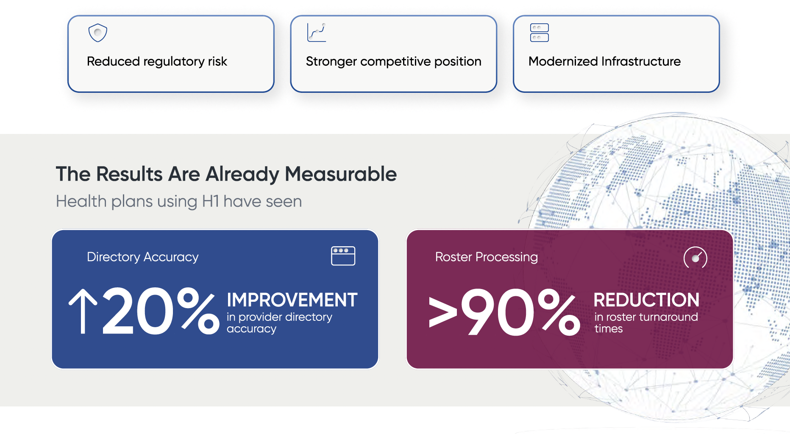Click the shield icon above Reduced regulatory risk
(x=97, y=33)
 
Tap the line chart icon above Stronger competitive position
(x=317, y=33)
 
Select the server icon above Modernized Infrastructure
(x=540, y=33)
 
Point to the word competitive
(x=395, y=62)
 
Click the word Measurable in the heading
(x=341, y=174)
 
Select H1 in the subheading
(x=211, y=201)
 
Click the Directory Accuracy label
(x=143, y=257)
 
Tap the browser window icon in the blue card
(x=343, y=256)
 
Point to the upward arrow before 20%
(x=83, y=312)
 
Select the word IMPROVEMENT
(x=292, y=300)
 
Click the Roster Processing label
(x=487, y=257)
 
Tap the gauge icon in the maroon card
(x=695, y=257)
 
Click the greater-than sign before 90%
(x=443, y=312)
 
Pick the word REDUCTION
(x=646, y=300)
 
